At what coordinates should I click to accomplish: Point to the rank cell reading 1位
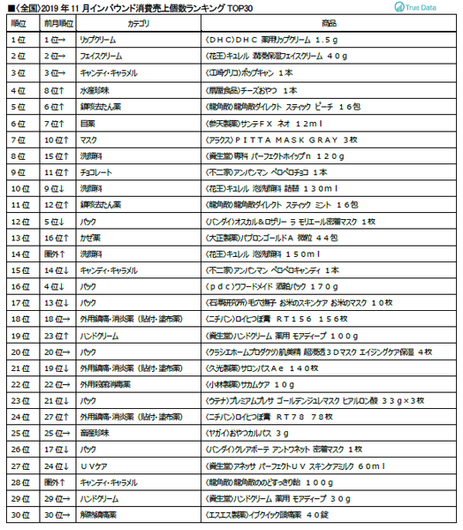coord(17,41)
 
